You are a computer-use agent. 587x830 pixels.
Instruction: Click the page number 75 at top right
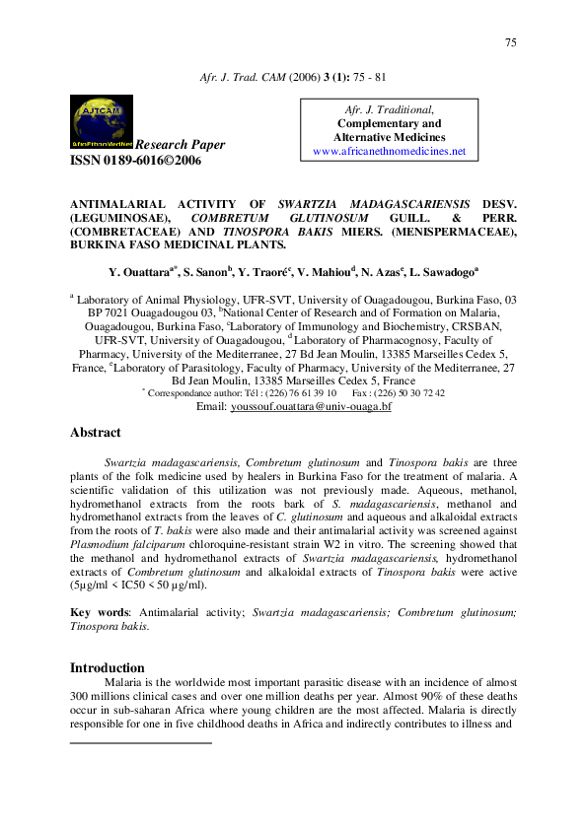pyautogui.click(x=510, y=42)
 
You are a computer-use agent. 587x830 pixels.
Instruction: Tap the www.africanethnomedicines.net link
pyautogui.click(x=388, y=152)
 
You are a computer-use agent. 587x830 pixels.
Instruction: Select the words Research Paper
pyautogui.click(x=180, y=145)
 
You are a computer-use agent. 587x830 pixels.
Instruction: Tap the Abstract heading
pyautogui.click(x=96, y=433)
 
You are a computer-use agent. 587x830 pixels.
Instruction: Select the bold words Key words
pyautogui.click(x=94, y=612)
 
